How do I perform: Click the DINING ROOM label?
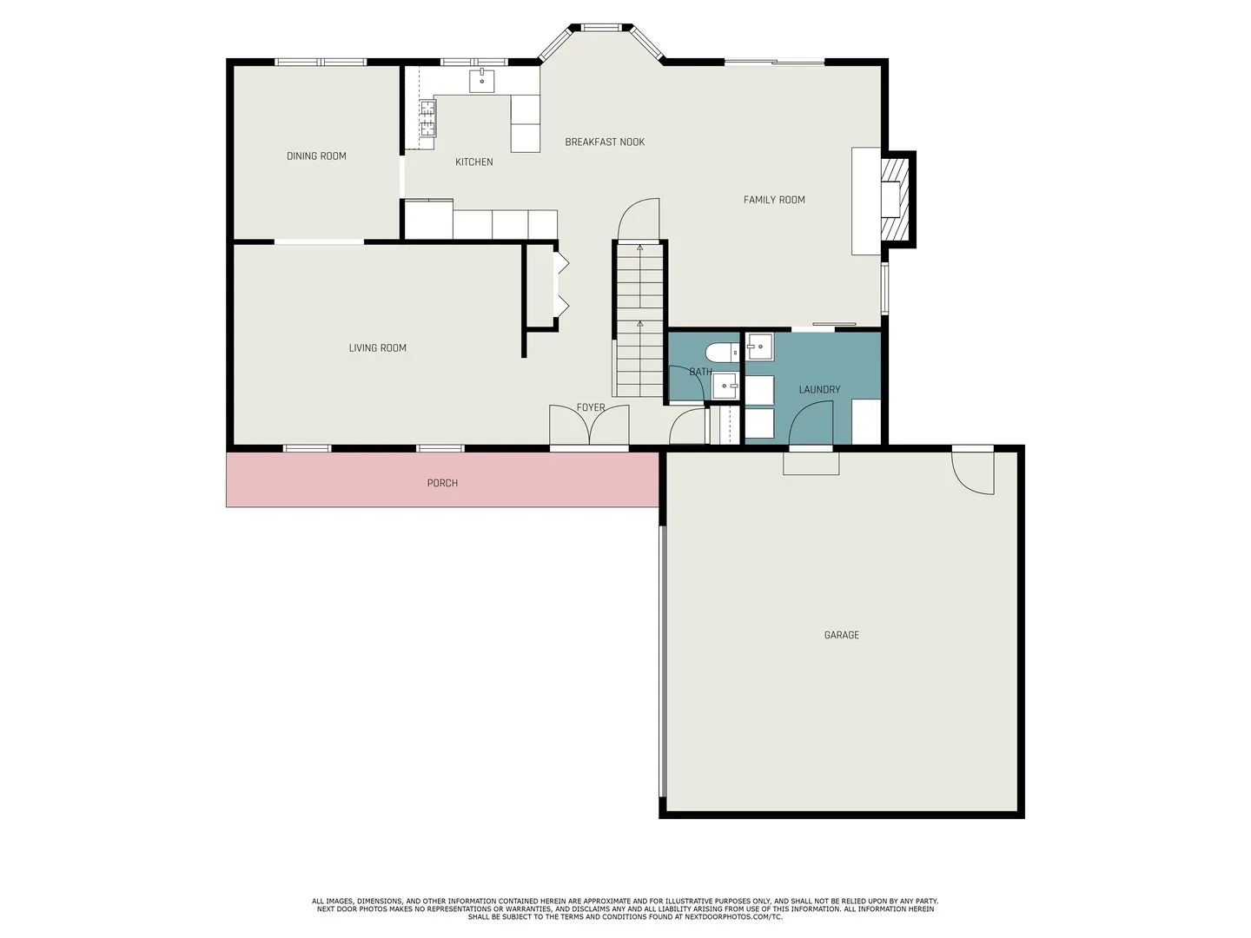[316, 156]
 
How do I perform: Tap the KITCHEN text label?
[473, 162]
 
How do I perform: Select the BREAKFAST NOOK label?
[605, 142]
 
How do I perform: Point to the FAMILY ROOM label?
[774, 200]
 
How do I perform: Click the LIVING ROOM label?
[377, 348]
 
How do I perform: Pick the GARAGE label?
[841, 636]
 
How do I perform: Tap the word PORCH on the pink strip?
[442, 483]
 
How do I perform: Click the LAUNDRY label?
[819, 390]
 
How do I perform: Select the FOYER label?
[591, 407]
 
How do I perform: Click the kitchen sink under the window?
[482, 82]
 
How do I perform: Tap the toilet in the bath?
[721, 353]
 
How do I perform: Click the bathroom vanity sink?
[725, 386]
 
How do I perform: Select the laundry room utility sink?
[760, 347]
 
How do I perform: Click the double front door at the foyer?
[589, 426]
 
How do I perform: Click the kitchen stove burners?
[427, 118]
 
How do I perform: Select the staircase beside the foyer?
[639, 321]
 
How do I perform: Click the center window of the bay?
[598, 28]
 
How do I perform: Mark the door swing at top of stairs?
[639, 219]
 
